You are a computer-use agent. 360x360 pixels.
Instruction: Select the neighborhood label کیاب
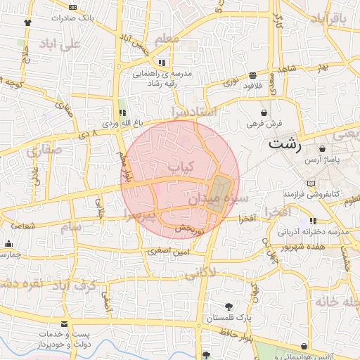[x=180, y=166]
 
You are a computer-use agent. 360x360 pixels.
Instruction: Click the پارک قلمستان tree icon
[x=229, y=306]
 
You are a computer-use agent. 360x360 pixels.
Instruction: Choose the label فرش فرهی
[x=264, y=124]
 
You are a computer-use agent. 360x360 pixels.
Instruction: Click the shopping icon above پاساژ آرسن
[x=322, y=149]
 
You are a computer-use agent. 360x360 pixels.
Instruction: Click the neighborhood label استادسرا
[x=193, y=111]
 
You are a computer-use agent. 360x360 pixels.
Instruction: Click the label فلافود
[x=252, y=86]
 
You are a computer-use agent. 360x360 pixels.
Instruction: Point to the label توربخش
[x=188, y=229]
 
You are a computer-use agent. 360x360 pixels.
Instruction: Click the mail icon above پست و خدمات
[x=65, y=324]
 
